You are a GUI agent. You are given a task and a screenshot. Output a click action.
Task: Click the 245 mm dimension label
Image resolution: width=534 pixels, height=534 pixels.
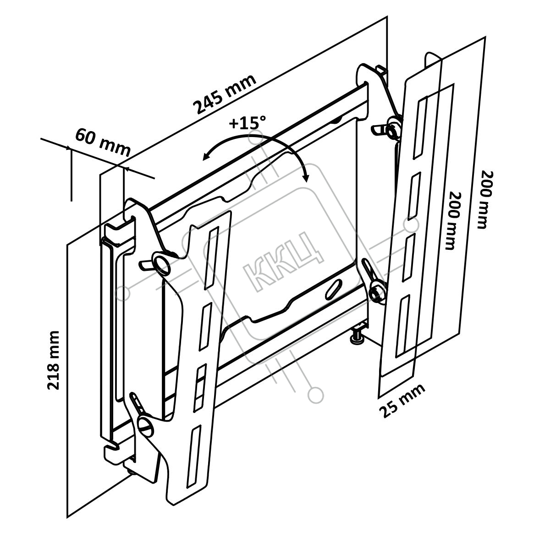coord(224,94)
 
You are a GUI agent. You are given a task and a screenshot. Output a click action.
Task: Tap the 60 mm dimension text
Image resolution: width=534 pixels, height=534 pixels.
coord(103,143)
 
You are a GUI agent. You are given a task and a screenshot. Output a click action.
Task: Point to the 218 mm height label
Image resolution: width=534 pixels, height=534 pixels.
coord(54,360)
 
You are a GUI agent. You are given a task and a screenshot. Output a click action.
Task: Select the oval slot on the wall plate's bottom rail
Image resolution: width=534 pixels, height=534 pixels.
coord(334,290)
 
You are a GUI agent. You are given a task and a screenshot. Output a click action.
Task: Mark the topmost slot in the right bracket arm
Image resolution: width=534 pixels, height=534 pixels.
coord(421,125)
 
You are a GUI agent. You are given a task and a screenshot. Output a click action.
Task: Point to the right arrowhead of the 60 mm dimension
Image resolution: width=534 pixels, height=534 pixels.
coord(127,169)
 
